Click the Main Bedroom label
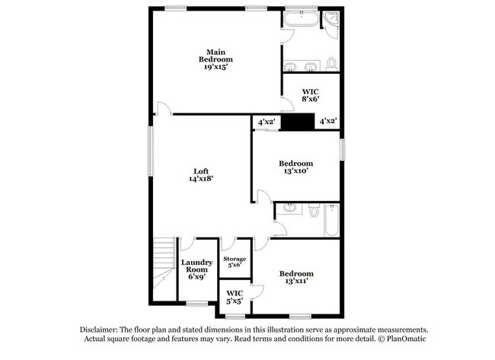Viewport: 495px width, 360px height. (x=216, y=55)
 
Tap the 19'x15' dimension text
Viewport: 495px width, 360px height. (x=216, y=67)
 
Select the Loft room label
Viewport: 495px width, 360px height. (x=200, y=170)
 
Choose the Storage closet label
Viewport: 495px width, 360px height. (x=234, y=259)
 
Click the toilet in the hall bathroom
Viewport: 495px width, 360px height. (x=314, y=211)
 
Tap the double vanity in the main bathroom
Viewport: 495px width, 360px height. (x=301, y=65)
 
